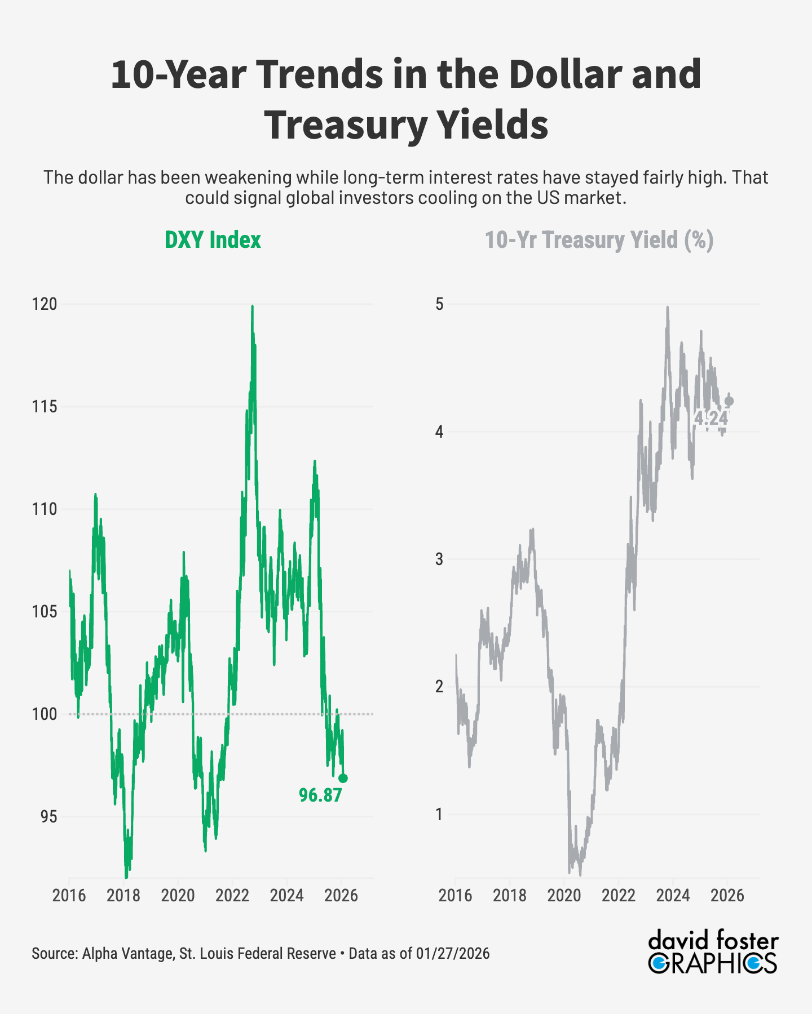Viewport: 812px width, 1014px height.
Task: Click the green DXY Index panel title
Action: [x=213, y=240]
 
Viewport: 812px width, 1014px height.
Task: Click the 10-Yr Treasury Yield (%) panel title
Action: [x=599, y=240]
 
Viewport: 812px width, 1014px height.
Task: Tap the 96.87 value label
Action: [x=320, y=795]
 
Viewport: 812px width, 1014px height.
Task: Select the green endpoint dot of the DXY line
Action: [x=343, y=778]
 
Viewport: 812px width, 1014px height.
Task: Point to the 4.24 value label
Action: [x=710, y=418]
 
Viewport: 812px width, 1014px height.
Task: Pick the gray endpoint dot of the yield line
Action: [x=729, y=401]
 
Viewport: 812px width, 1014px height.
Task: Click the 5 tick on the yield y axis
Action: [x=439, y=304]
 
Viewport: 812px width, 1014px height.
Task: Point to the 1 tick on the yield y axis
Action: [x=439, y=814]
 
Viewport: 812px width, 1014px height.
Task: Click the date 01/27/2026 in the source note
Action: [x=453, y=954]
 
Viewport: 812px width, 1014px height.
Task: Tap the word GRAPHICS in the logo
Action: [x=712, y=964]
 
